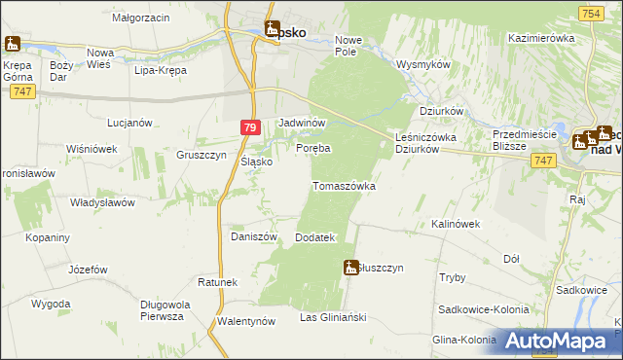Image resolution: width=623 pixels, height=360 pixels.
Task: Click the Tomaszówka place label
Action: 343,185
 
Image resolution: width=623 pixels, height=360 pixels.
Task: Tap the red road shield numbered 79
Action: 250,126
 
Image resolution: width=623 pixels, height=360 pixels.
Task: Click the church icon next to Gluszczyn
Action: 351,267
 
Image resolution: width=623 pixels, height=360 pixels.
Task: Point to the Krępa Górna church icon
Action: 12,44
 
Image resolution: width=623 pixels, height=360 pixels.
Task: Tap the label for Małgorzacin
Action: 141,18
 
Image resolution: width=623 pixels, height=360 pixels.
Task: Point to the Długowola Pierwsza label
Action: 162,309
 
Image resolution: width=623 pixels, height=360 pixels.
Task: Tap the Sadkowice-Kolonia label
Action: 484,308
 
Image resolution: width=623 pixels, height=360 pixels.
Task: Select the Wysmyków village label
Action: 423,64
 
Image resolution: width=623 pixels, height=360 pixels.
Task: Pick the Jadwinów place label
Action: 301,124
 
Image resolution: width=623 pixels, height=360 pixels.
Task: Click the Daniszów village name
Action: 254,236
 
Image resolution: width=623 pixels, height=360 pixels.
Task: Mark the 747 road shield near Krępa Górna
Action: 25,90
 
